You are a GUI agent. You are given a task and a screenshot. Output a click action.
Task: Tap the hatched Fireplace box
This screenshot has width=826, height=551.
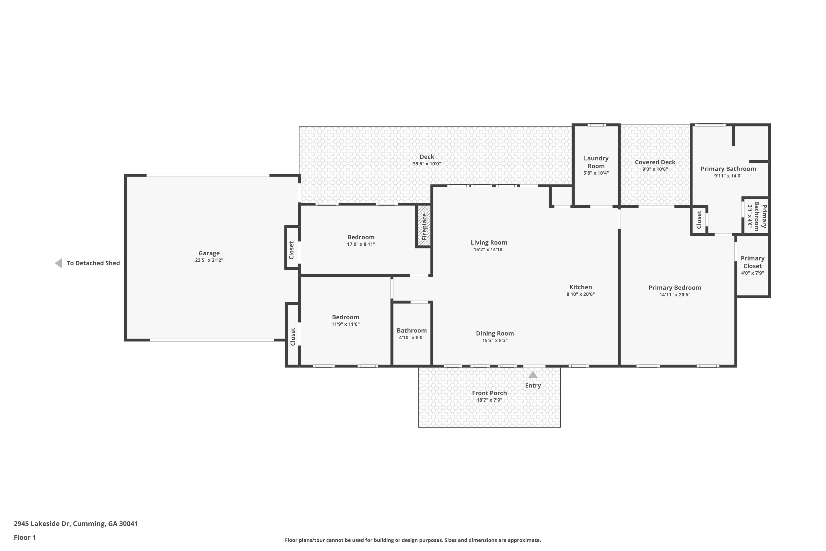tap(424, 226)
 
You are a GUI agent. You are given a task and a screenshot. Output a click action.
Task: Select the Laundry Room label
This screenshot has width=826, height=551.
tap(596, 162)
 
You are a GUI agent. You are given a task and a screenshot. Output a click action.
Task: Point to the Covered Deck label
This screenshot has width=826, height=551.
tap(655, 162)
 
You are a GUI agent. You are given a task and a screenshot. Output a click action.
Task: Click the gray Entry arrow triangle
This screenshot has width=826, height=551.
tap(533, 375)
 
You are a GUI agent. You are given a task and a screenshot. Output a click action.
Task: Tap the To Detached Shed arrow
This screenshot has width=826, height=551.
tap(59, 263)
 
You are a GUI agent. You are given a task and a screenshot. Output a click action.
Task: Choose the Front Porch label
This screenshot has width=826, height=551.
tap(489, 393)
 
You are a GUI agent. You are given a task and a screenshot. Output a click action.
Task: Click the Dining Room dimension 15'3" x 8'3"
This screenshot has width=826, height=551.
tap(495, 340)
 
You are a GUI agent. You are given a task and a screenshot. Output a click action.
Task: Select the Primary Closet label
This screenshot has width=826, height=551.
tap(752, 262)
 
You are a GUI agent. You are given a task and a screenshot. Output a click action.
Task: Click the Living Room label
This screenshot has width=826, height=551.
tap(489, 242)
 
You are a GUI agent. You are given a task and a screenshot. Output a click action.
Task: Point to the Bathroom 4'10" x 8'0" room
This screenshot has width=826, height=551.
tap(412, 334)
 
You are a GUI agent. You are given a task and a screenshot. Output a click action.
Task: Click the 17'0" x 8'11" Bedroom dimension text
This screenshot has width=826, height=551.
tap(361, 244)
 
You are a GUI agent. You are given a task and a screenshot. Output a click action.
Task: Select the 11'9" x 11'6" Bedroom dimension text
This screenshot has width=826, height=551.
tap(346, 324)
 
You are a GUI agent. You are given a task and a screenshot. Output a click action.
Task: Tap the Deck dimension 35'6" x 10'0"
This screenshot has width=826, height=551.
tap(427, 164)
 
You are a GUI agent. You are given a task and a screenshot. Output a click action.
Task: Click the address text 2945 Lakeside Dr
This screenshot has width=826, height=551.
tap(42, 524)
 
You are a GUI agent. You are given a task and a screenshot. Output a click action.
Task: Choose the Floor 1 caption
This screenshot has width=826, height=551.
tap(25, 537)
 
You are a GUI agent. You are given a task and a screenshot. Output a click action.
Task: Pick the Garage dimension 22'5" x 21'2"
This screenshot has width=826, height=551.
tap(209, 260)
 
